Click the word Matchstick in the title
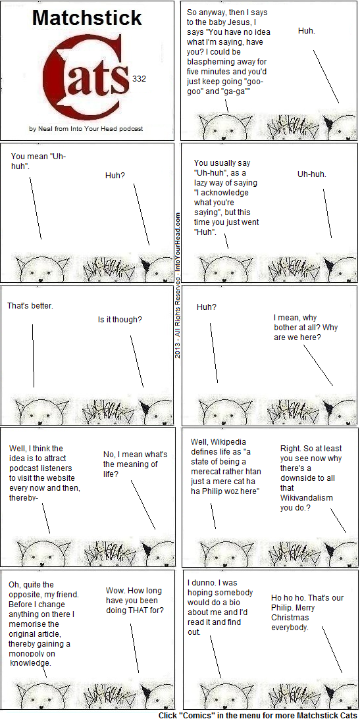coord(87,18)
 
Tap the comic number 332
coord(139,79)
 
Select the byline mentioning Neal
coord(86,129)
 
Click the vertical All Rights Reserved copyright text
coord(178,284)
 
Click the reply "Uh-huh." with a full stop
coord(312,174)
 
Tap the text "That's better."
coord(30,305)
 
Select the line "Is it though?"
coord(120,319)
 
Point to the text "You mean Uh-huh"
coord(39,161)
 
